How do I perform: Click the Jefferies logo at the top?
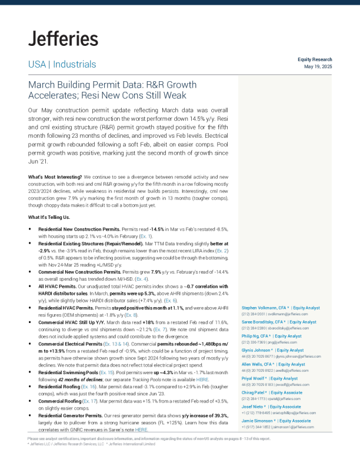tap(63, 39)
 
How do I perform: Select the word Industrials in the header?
tap(75, 64)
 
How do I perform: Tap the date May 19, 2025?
tap(318, 66)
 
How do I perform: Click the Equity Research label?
tap(315, 59)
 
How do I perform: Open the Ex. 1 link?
tap(145, 237)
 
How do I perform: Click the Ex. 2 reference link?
tap(222, 251)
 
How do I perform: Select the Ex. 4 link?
tap(141, 279)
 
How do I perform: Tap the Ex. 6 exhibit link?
tap(171, 301)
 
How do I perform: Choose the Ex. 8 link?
tap(131, 315)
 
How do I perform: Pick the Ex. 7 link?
tap(160, 329)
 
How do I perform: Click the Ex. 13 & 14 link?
tap(116, 344)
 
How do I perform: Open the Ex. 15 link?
tap(106, 372)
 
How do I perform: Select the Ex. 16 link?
tap(89, 387)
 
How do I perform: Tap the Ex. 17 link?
tap(90, 401)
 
